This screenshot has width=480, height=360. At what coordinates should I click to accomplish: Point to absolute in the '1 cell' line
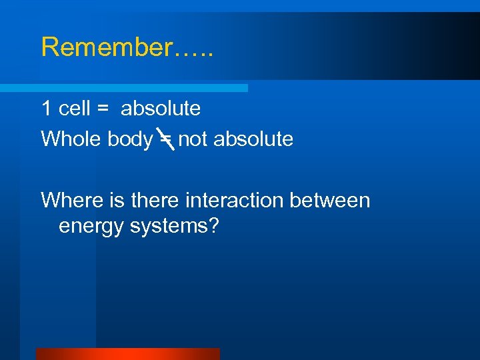click(x=161, y=108)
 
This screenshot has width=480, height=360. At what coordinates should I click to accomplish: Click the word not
click(x=193, y=139)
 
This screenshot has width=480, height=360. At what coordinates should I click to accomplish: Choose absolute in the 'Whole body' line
click(x=253, y=139)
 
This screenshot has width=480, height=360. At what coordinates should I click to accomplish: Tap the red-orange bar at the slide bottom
click(x=127, y=354)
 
